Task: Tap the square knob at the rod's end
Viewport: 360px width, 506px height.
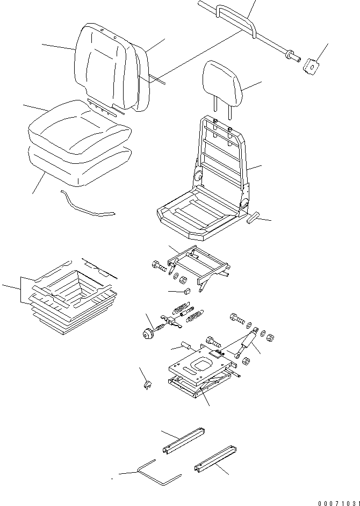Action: tap(311, 66)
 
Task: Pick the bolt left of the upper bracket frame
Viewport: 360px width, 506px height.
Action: tap(160, 266)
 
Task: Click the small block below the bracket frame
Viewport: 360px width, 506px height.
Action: tap(188, 291)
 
